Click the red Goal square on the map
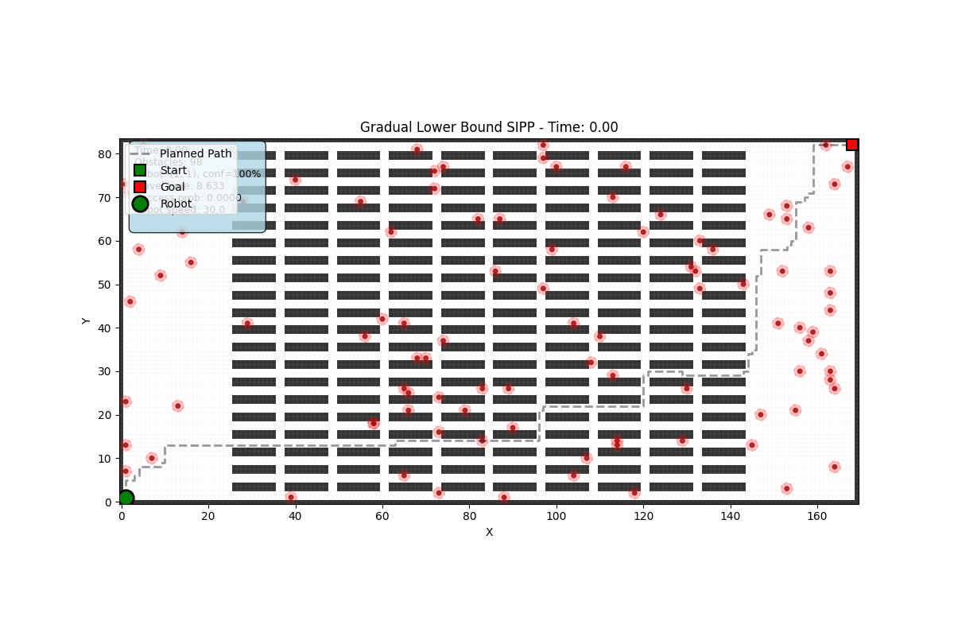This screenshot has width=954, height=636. [851, 145]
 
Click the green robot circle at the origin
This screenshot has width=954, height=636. [126, 498]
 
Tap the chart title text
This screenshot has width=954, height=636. [489, 127]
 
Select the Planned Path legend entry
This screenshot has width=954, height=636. [196, 153]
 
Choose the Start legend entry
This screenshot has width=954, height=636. [173, 170]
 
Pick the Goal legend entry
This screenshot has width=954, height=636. [173, 187]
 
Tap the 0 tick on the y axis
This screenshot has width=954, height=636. [111, 502]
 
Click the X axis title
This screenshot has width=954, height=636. [489, 532]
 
